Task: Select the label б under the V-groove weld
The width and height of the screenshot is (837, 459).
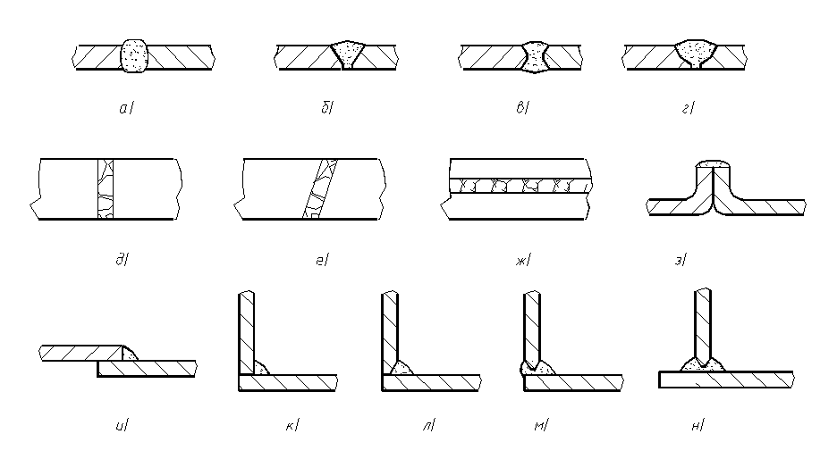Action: [x=326, y=108]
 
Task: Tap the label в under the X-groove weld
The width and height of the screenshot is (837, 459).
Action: [x=522, y=108]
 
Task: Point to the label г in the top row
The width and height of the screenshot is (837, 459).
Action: [x=688, y=109]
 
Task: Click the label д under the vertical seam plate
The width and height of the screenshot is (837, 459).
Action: [x=123, y=260]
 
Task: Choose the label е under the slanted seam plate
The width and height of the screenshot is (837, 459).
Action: [x=323, y=260]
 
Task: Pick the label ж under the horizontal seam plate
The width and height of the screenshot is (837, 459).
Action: [x=523, y=260]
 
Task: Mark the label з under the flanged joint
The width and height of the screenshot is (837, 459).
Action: [x=680, y=260]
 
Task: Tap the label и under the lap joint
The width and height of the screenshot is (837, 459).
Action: [x=122, y=425]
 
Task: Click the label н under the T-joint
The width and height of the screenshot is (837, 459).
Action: [x=697, y=425]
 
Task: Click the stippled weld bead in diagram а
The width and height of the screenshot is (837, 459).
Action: [x=133, y=55]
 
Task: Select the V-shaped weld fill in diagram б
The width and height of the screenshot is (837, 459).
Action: [x=348, y=54]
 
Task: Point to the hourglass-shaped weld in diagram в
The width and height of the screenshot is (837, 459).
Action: [x=535, y=56]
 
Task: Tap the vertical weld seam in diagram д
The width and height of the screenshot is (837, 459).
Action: [x=106, y=188]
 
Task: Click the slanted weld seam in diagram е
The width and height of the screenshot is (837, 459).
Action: [x=320, y=188]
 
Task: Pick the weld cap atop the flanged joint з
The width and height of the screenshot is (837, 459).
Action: [x=713, y=163]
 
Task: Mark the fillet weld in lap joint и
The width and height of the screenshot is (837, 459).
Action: [x=130, y=353]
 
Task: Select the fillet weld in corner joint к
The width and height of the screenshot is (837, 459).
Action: [x=260, y=367]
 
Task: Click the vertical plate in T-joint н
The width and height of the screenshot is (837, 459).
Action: [x=703, y=326]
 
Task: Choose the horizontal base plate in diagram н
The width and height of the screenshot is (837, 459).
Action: [x=726, y=379]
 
